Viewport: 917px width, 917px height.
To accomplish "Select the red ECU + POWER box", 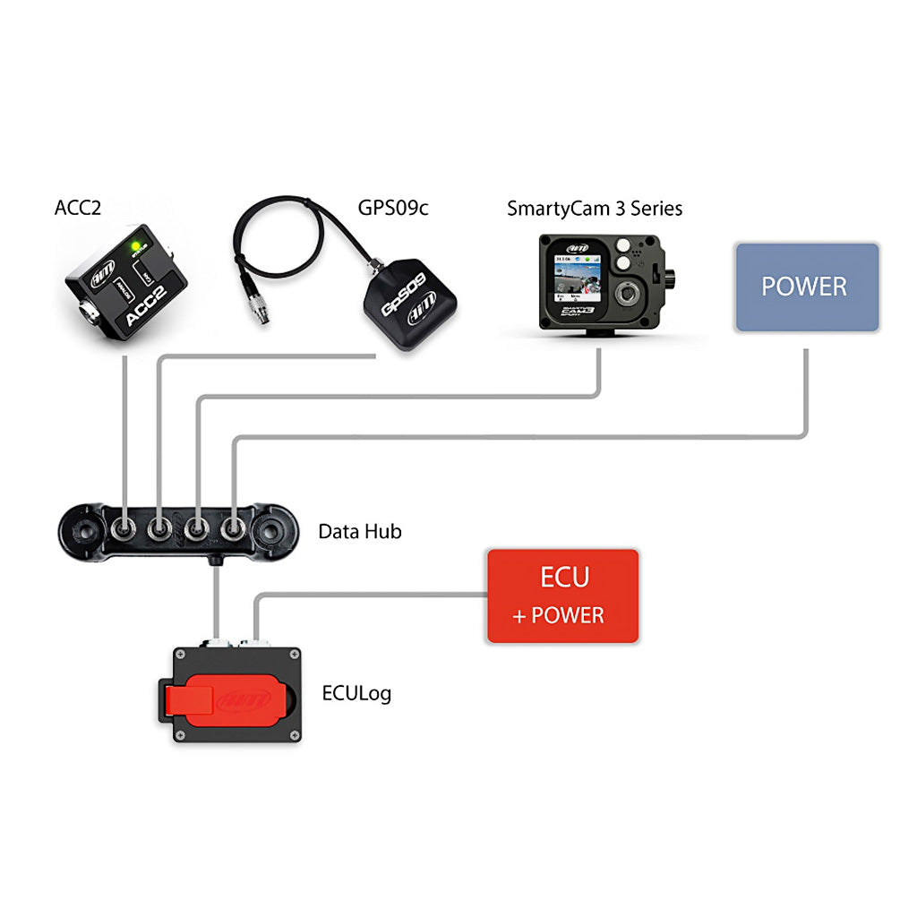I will click(x=562, y=596).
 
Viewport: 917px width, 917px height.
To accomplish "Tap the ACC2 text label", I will click(x=78, y=209).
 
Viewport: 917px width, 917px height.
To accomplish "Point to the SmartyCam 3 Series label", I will click(x=595, y=209).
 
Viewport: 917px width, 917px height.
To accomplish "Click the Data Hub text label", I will click(x=360, y=531).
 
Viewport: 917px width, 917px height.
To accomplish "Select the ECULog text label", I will click(x=356, y=692).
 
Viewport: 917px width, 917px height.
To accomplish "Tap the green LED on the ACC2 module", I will click(x=136, y=244).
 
